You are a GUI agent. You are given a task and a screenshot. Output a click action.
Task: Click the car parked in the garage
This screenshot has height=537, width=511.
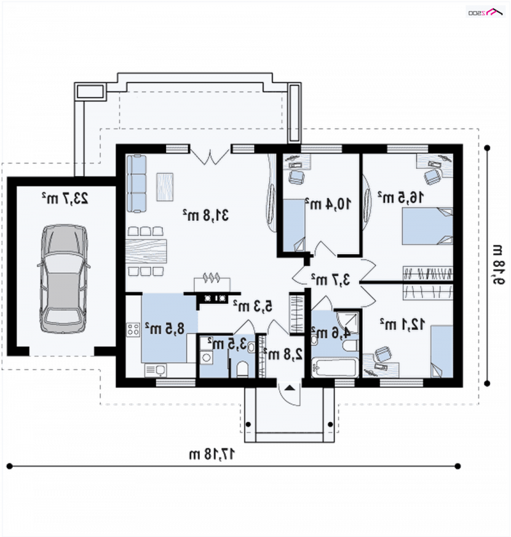point(63,278)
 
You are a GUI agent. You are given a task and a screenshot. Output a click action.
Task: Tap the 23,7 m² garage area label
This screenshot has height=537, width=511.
point(65,198)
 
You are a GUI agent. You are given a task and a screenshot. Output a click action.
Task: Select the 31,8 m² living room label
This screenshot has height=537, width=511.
point(206,215)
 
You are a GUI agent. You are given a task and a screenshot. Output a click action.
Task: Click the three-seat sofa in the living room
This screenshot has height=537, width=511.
point(136,183)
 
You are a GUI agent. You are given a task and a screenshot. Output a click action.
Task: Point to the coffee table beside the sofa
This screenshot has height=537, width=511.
point(165,187)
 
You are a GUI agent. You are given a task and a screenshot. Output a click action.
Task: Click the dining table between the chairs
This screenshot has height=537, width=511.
point(146,252)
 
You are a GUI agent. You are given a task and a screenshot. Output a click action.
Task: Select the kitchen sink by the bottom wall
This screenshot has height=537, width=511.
point(156,370)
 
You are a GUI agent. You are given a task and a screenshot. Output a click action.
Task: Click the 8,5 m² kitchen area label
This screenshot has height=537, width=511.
point(165,328)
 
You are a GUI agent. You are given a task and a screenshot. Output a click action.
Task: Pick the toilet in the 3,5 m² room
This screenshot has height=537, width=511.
point(243,369)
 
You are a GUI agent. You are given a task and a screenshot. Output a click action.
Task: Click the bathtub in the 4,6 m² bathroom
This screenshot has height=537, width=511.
point(335,368)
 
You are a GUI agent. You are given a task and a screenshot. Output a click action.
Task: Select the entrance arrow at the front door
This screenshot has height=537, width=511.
point(290,388)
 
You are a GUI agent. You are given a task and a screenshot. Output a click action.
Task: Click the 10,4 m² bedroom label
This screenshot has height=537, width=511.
point(328,204)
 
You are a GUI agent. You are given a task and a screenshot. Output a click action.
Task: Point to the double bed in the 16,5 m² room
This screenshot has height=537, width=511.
point(427,226)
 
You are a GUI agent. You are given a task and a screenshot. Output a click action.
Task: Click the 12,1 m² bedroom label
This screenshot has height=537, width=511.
point(402,324)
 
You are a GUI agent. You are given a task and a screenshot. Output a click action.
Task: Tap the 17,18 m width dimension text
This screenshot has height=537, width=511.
point(212,454)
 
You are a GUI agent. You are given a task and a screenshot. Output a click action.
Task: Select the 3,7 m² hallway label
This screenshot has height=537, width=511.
point(330,280)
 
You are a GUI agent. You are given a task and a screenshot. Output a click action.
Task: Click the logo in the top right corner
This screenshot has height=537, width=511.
point(485,13)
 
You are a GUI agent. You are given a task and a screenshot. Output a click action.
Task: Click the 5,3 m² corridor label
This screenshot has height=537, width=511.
point(253,305)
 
